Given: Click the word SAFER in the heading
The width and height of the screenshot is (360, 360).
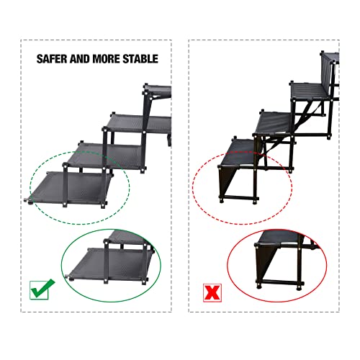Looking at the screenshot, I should click(54, 58).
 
